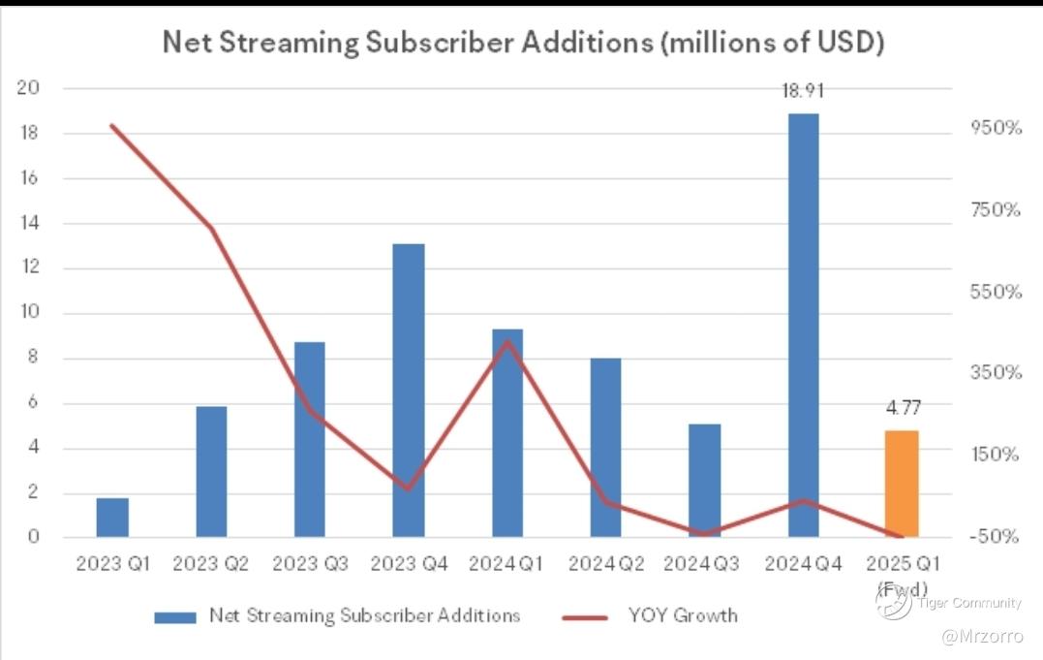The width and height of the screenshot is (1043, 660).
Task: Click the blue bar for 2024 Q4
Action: point(803,325)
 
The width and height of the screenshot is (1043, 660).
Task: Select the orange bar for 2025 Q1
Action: point(902,484)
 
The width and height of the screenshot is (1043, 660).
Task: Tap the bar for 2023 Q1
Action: point(112,518)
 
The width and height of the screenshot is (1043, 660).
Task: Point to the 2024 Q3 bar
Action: point(704,480)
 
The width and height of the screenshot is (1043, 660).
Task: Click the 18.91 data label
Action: point(803,91)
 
